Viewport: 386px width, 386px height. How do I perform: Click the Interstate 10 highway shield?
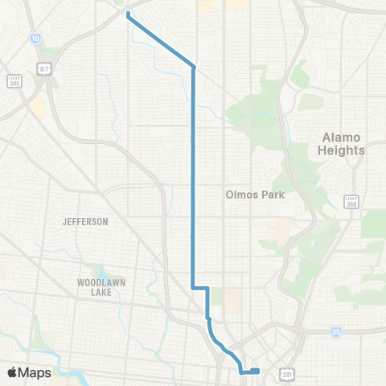[35, 38]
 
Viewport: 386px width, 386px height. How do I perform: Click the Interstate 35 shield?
[336, 331]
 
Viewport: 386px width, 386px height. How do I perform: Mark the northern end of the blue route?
[129, 14]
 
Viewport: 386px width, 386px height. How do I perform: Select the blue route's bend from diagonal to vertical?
[194, 68]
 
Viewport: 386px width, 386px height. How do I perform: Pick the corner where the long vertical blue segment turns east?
[192, 287]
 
